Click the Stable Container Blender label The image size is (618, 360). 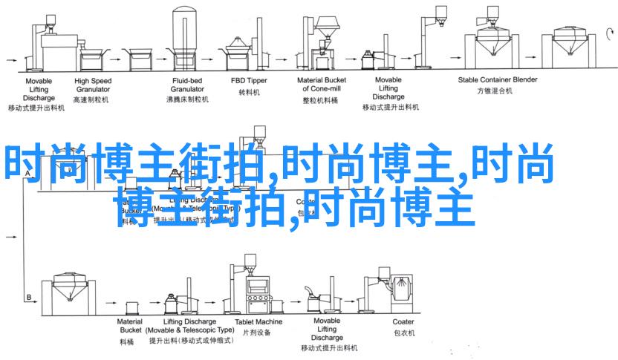[x=497, y=79]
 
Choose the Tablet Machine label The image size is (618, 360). [x=259, y=321]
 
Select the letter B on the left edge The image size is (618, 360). [x=29, y=296]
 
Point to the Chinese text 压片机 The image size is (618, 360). [x=259, y=334]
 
